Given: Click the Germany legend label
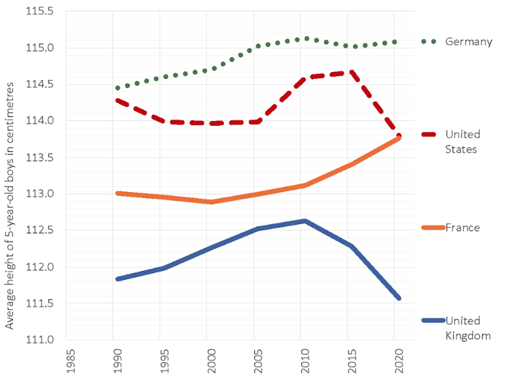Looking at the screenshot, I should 469,42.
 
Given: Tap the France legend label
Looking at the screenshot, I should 463,227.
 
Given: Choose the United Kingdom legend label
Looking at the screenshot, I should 467,327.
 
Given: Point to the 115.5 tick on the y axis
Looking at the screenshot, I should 41,12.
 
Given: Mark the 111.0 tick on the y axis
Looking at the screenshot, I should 41,340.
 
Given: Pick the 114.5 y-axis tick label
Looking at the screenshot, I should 41,85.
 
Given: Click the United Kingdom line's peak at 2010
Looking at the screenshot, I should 305,221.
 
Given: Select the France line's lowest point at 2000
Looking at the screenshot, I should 212,202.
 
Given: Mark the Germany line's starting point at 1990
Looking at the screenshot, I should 118,88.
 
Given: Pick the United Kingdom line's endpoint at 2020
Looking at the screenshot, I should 399,298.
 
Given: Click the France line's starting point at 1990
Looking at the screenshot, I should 118,193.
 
